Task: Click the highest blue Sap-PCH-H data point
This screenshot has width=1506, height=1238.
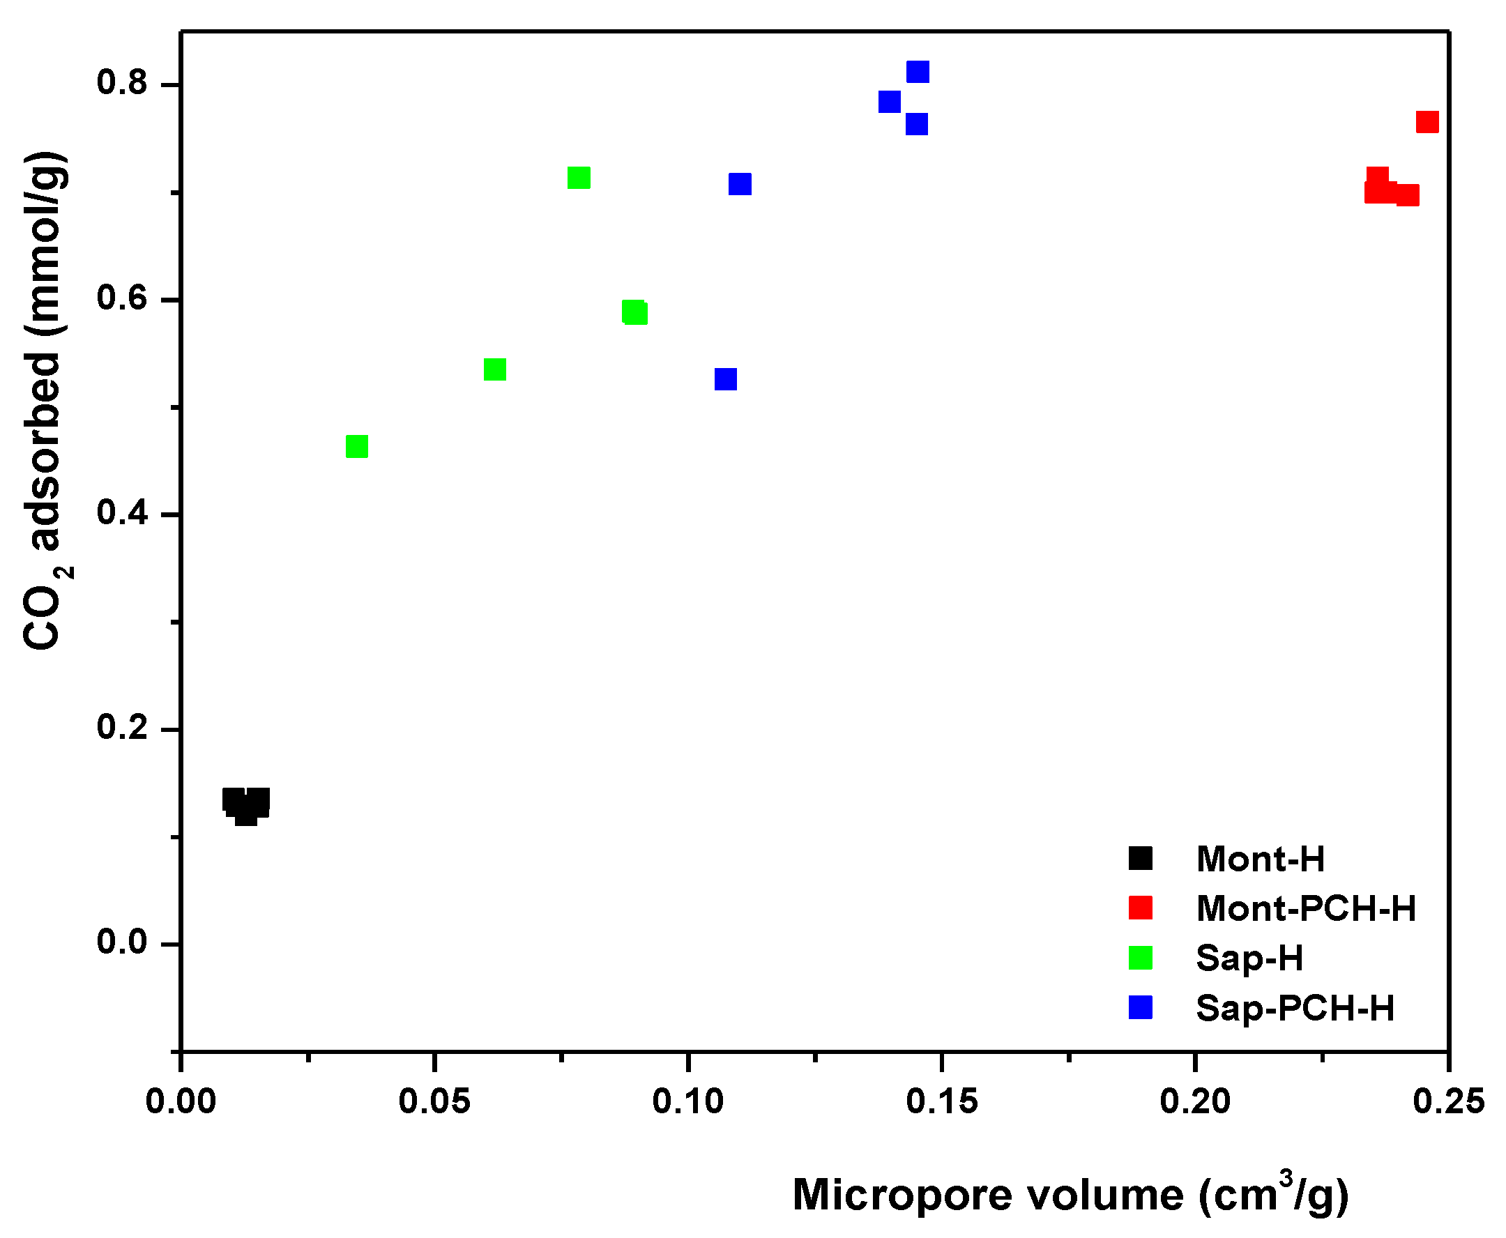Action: (918, 72)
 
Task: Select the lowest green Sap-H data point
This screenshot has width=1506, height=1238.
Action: (357, 446)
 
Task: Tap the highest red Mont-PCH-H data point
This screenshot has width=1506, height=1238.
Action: (1427, 122)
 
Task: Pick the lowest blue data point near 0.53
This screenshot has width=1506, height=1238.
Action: (726, 379)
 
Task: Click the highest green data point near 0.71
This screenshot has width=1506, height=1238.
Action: (579, 178)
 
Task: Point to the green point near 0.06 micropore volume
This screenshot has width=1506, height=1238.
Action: (494, 369)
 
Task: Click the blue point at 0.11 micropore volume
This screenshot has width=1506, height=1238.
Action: (740, 184)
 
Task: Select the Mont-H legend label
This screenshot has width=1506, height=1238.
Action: (1260, 859)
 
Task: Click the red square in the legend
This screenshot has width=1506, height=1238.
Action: (1140, 908)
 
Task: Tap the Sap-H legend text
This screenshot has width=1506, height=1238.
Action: (1249, 958)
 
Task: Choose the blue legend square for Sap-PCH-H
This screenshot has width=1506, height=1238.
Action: (1140, 1008)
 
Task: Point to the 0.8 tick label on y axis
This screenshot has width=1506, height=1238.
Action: (122, 84)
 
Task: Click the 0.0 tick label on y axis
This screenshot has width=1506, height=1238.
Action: (122, 942)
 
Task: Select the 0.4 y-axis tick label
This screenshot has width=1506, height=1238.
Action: (122, 513)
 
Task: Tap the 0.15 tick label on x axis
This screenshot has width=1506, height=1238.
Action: (942, 1102)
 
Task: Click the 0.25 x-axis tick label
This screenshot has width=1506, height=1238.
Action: (1448, 1102)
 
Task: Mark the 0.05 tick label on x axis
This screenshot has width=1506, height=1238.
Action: (434, 1102)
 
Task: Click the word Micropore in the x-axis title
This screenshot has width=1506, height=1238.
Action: (902, 1195)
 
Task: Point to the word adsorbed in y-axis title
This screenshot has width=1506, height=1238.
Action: (44, 452)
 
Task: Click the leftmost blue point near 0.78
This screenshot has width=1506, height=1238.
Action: (889, 102)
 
